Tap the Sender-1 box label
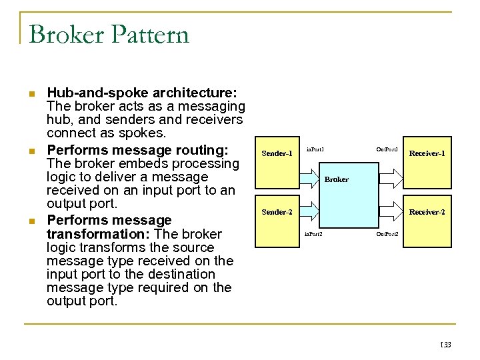pos(277,153)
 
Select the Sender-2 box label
pos(277,212)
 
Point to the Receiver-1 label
pos(427,153)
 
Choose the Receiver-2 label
pos(427,212)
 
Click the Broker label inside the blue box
pos(336,179)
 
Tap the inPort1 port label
pos(315,149)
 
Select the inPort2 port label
pos(313,234)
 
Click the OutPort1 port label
pos(387,149)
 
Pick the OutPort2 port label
pos(387,234)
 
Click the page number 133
pos(445,345)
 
